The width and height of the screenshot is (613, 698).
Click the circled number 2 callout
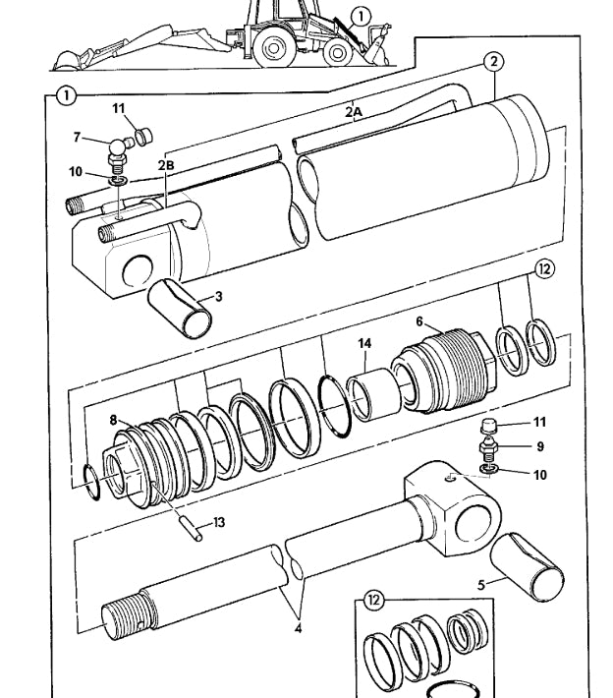(x=493, y=62)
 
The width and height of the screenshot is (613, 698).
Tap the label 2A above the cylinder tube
(x=354, y=112)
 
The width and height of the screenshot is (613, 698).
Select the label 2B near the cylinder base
(x=166, y=165)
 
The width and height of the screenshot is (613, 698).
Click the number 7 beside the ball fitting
(x=77, y=137)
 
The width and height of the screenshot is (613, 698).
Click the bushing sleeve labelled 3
(x=179, y=308)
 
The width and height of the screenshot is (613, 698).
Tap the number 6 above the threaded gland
(x=419, y=321)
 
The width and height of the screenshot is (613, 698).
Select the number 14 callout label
(x=364, y=344)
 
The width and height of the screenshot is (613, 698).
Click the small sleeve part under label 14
(x=373, y=394)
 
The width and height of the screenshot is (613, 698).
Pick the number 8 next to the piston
(x=113, y=420)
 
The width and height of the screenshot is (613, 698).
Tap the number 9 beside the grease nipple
(x=540, y=446)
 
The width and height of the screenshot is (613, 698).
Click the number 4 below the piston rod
(x=298, y=628)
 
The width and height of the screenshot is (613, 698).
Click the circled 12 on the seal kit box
(x=373, y=601)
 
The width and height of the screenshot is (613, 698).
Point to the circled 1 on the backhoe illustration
(x=361, y=17)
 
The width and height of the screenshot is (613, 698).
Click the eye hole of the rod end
(x=474, y=520)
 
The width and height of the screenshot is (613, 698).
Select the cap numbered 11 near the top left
(x=143, y=136)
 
